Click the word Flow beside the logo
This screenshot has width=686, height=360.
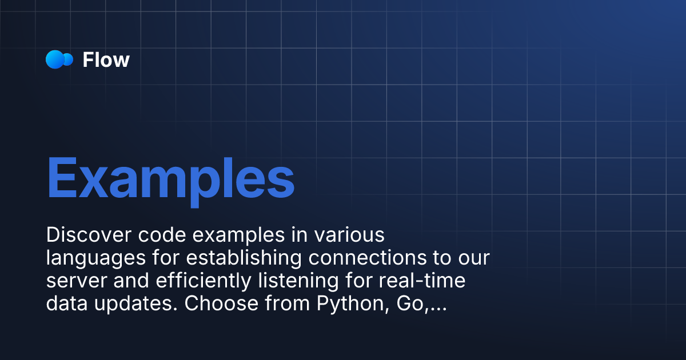click(106, 60)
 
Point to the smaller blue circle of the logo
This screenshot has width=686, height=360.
click(69, 59)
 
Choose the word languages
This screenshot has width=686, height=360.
click(96, 259)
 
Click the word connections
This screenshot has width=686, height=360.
click(366, 258)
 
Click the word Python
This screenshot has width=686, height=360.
click(346, 305)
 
